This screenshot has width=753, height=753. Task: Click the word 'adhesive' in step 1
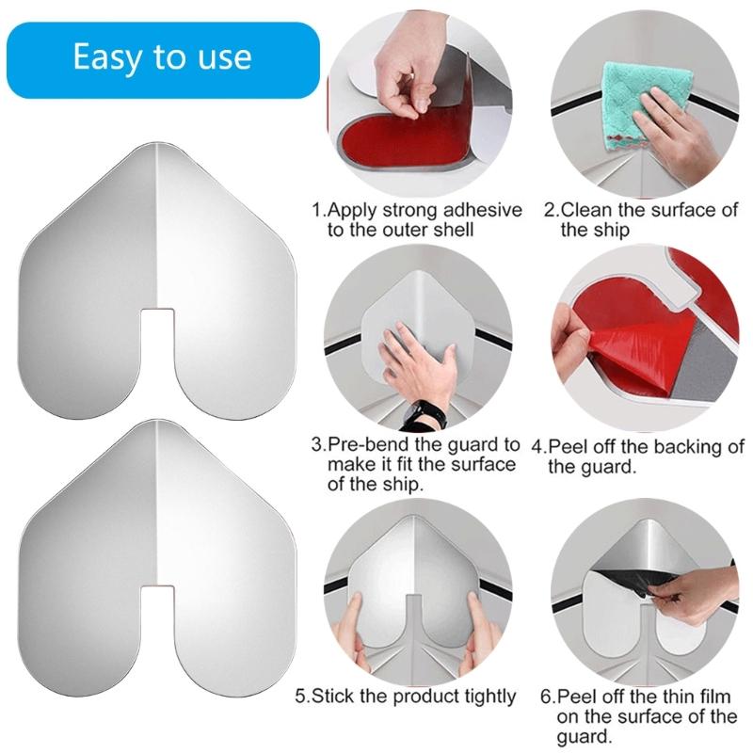coord(479,210)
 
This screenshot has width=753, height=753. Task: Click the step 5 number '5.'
coord(303,697)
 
